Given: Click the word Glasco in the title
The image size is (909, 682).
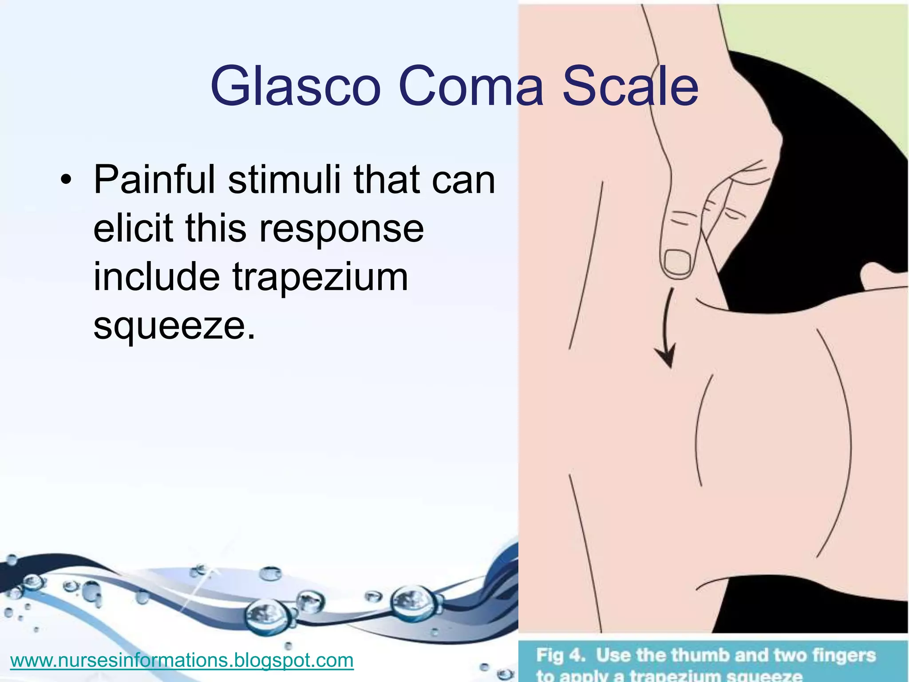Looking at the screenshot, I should [x=296, y=86].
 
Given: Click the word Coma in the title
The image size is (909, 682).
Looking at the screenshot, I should [x=470, y=86].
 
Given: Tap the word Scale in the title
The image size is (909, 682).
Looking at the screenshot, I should [x=630, y=86].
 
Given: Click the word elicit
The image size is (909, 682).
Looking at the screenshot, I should [x=133, y=228].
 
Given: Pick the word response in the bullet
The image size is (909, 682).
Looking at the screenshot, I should [x=341, y=228].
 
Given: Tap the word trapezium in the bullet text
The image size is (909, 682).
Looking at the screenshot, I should [x=320, y=277].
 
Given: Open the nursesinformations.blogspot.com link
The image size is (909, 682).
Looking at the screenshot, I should [x=182, y=660].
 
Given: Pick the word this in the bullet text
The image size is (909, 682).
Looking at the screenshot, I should [x=216, y=228].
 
